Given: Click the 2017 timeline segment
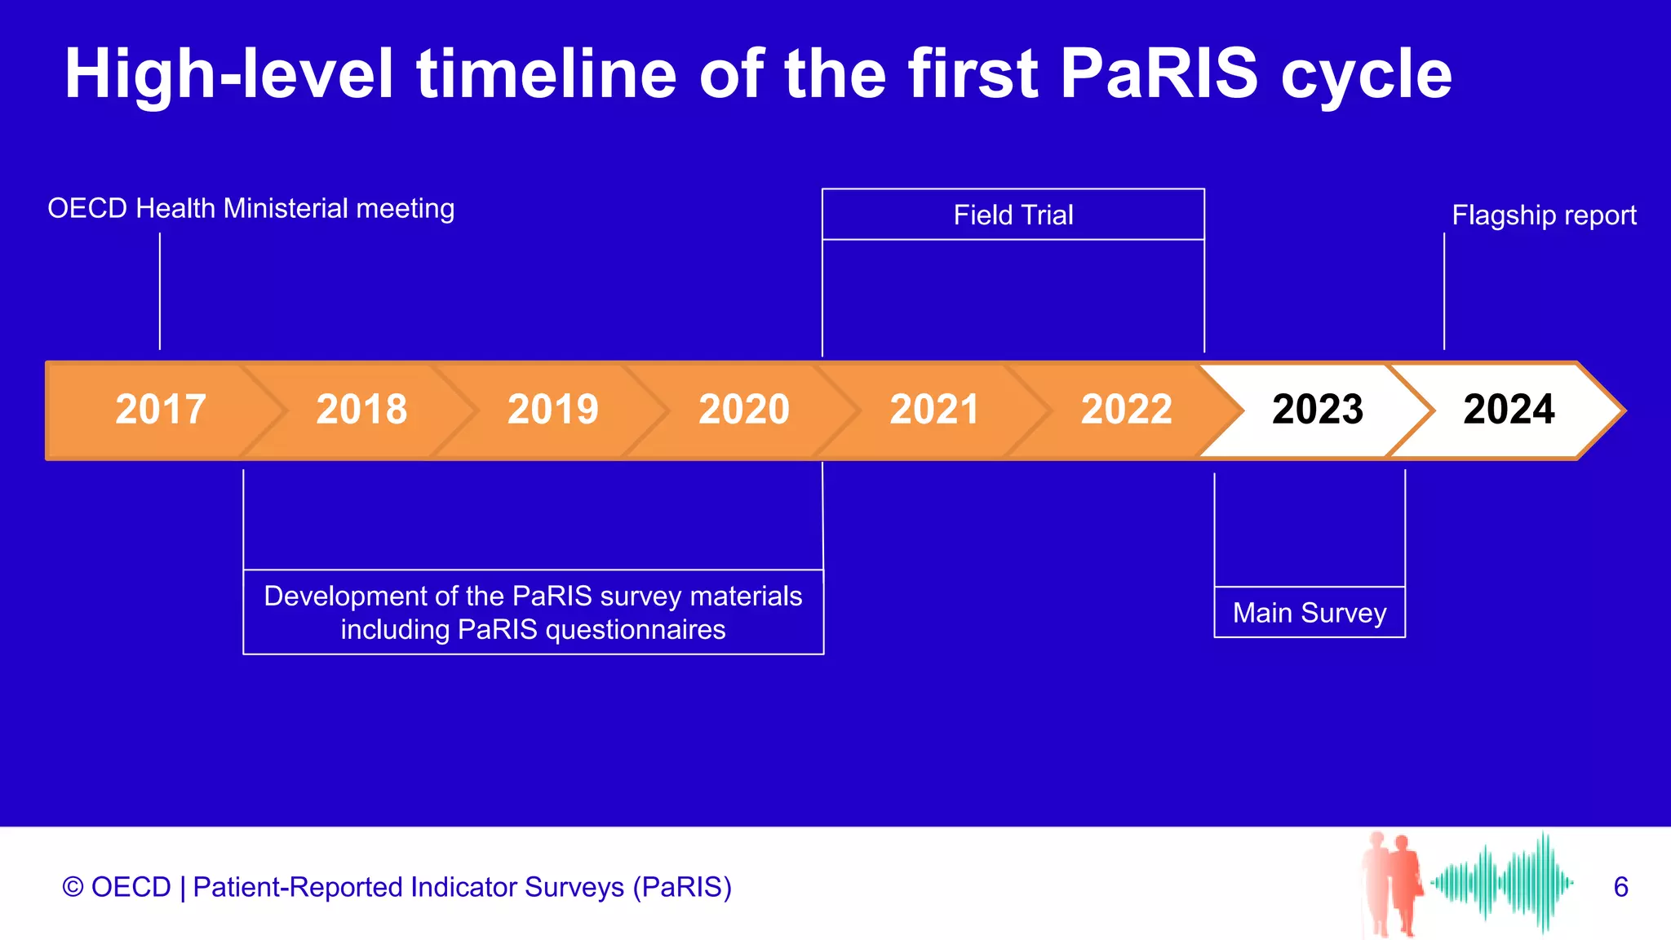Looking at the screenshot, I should point(161,410).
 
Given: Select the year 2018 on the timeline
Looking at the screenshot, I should point(361,410).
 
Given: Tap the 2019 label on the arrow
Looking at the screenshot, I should point(553,410).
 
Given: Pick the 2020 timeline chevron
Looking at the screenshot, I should point(744,410).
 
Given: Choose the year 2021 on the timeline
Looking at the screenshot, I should point(934,410).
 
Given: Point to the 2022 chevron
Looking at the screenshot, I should point(1126,410).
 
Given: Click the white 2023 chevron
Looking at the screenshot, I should point(1317,410).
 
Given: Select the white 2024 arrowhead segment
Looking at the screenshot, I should point(1509,410).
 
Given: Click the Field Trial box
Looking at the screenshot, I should point(1013,215).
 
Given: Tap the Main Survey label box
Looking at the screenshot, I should point(1310,612).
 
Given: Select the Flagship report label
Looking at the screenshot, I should point(1544,215).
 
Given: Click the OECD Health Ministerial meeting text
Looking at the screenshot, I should point(250,208).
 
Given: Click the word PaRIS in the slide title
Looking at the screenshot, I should point(1159,73).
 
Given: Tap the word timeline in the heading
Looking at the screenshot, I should point(547,73).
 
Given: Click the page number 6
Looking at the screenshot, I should point(1620,887).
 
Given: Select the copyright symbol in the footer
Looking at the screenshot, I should point(73,887).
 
